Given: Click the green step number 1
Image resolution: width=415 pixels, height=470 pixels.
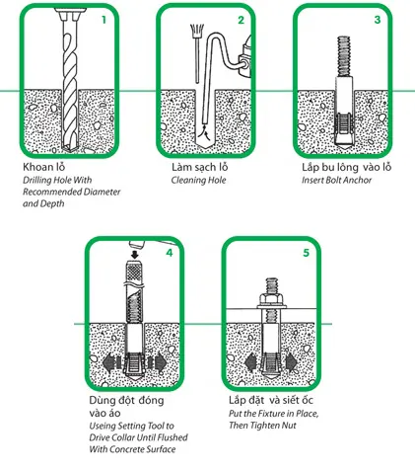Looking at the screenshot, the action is [104, 20].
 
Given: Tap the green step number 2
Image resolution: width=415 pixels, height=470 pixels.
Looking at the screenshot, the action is [242, 20].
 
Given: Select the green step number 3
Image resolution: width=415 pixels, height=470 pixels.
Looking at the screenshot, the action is [378, 20].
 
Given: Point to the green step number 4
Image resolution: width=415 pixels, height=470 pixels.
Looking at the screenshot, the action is [170, 253].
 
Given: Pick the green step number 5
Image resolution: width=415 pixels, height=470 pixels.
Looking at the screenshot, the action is [307, 253].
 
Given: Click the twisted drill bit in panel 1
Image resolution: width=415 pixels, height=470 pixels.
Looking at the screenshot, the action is [70, 81].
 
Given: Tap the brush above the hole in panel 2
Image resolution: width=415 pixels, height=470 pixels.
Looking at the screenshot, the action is [197, 53].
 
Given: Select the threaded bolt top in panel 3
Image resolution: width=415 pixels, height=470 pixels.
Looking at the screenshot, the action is [344, 56].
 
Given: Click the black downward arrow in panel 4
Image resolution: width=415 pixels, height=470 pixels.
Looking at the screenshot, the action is [134, 254].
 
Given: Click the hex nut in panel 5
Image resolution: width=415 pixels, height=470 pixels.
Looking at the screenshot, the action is [271, 300].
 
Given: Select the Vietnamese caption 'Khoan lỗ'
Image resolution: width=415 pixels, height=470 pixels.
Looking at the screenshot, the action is [44, 167].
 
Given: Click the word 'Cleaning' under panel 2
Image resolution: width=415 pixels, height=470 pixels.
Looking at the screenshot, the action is [186, 180].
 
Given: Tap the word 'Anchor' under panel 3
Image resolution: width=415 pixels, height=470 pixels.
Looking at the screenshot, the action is [359, 180].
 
